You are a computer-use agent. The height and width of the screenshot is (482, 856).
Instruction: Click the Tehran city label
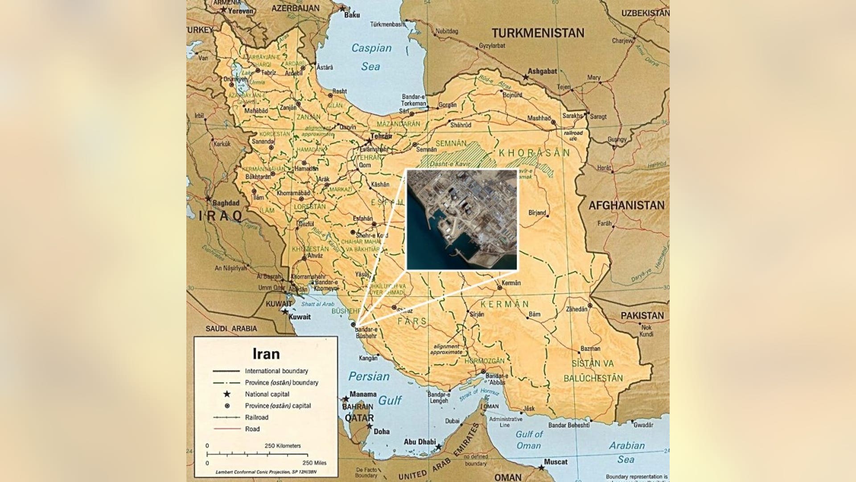coord(381,136)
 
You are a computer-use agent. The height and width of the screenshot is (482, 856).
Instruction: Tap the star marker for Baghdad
coord(208,199)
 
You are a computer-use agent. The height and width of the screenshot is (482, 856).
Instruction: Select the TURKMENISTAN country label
coord(538,33)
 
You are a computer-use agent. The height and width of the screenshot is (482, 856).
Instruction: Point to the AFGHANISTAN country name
coord(626,205)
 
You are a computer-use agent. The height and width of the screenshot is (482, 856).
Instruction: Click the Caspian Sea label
coord(371,57)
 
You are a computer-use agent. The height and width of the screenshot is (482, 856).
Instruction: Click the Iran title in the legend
coord(266,354)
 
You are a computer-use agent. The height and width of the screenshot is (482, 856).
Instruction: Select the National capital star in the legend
coord(227,394)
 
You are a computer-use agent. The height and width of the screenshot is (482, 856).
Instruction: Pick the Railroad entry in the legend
coord(256,417)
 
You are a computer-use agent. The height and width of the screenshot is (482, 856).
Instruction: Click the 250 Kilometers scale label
coord(282,445)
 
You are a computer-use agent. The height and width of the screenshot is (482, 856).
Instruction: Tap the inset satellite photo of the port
coord(462,220)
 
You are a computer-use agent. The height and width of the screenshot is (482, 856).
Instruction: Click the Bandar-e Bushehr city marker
coord(353,324)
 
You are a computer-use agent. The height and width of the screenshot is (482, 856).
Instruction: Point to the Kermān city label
coord(511,283)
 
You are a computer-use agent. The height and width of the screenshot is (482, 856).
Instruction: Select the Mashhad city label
coord(539,118)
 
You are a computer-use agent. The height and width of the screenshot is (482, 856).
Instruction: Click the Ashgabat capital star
coord(526,77)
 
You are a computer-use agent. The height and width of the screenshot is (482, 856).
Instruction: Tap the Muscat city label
coord(556,462)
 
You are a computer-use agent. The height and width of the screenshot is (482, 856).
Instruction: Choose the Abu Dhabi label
coord(420,442)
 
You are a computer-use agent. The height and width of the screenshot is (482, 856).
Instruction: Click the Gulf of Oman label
coord(529,440)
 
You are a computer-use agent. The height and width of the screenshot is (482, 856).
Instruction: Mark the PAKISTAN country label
coord(642,316)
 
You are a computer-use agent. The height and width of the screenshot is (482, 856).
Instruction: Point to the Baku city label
coord(352,15)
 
